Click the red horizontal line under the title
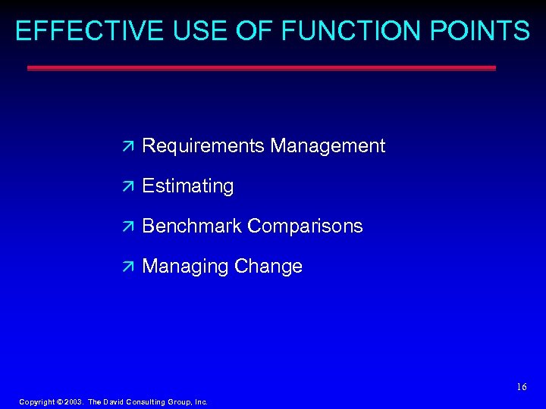[x=262, y=67]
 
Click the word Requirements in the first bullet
[x=203, y=145]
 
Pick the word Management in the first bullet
[x=328, y=145]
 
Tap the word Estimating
[x=188, y=186]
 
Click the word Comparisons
[x=305, y=226]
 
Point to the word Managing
[x=186, y=267]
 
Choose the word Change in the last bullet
[x=268, y=267]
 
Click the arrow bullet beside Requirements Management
[x=127, y=145]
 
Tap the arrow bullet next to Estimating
[x=127, y=186]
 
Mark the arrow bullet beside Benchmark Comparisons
[x=127, y=226]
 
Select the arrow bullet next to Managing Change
[x=127, y=267]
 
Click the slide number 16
[x=521, y=387]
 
